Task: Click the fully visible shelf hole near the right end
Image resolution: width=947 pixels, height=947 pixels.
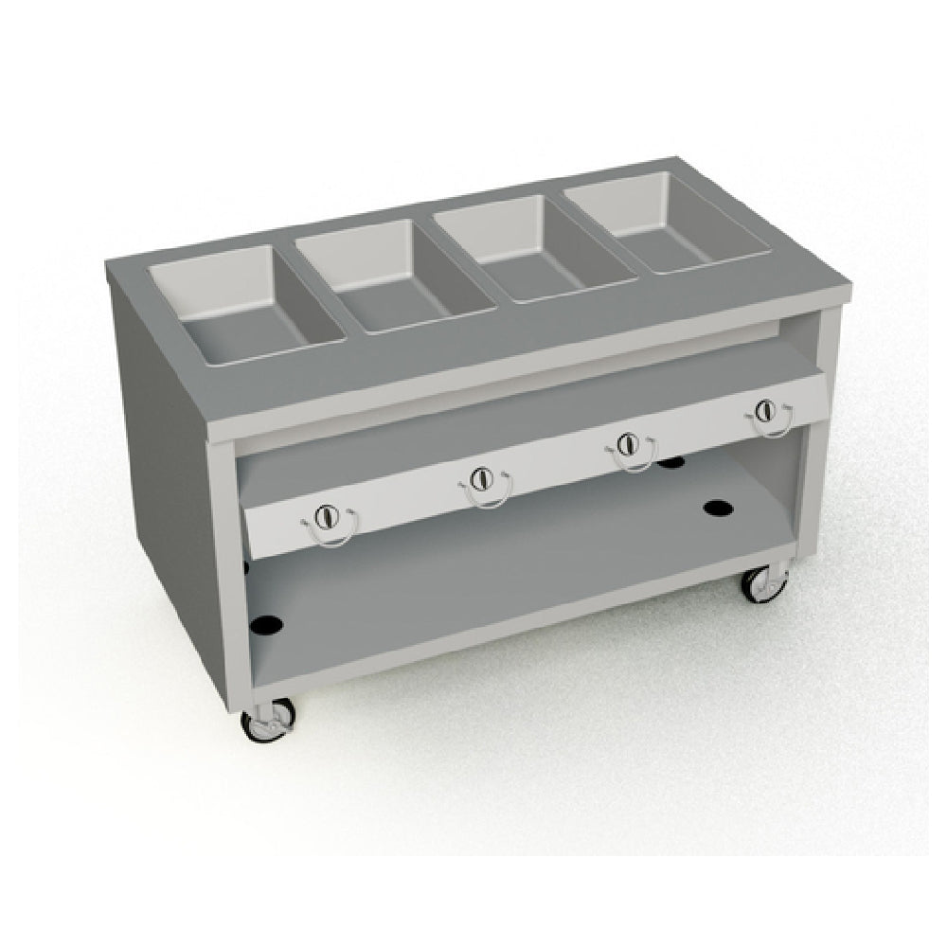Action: pyautogui.click(x=719, y=508)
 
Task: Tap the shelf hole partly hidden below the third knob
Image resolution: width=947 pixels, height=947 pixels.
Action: pyautogui.click(x=671, y=463)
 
